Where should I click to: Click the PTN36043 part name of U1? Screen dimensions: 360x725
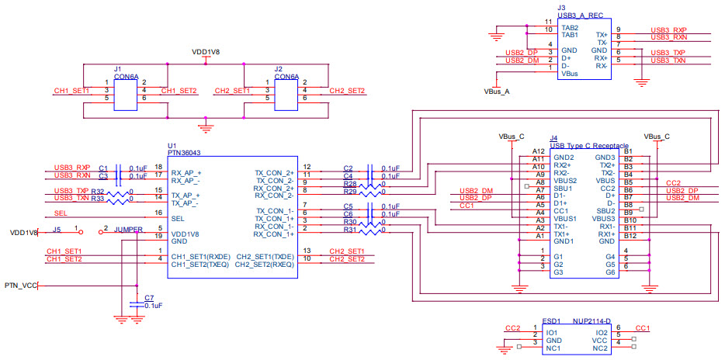[x=185, y=154]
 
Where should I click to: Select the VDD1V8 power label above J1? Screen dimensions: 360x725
[x=205, y=51]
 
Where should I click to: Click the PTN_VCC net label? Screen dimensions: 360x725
[x=19, y=286]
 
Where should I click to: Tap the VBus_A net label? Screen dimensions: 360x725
[x=496, y=91]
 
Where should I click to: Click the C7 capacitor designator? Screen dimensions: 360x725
[x=150, y=298]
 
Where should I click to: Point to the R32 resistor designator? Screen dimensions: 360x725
[x=97, y=190]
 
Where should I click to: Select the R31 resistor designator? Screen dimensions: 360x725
[x=349, y=230]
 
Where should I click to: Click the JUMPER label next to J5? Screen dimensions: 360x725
[x=129, y=230]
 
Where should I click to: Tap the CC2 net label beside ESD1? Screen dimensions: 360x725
[x=512, y=328]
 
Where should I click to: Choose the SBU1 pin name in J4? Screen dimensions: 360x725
[x=563, y=189]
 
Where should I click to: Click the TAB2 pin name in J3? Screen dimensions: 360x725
[x=570, y=27]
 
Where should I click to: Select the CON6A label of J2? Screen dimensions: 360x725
[x=286, y=77]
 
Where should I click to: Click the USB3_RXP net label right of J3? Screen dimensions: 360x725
[x=668, y=29]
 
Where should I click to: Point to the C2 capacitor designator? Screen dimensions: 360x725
[x=349, y=168]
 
